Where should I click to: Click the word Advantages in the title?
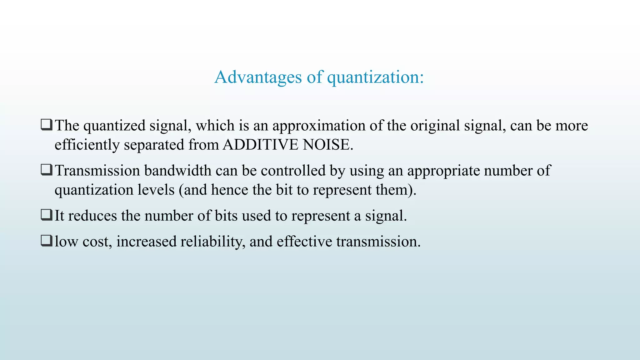click(x=258, y=77)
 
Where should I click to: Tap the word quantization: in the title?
click(x=375, y=77)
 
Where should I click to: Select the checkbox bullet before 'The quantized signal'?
click(x=47, y=125)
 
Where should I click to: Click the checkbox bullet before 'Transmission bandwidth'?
click(x=47, y=170)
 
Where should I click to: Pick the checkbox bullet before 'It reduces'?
click(x=47, y=215)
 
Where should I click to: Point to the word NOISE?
click(x=328, y=145)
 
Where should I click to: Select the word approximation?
click(x=319, y=126)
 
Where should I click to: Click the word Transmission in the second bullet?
click(x=97, y=171)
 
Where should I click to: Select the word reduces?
click(x=92, y=216)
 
